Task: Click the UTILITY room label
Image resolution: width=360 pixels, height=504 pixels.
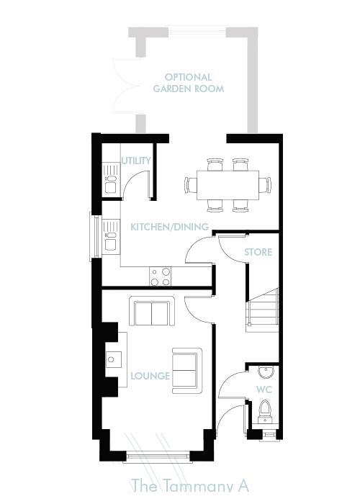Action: [x=136, y=161]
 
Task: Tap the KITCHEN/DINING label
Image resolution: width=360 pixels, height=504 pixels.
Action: [x=169, y=228]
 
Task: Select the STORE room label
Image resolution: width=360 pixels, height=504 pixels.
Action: [x=258, y=252]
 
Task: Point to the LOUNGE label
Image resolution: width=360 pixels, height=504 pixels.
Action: [x=150, y=376]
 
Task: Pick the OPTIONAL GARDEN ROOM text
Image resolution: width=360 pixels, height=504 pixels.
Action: [x=188, y=83]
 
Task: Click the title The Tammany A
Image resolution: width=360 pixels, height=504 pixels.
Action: [x=189, y=486]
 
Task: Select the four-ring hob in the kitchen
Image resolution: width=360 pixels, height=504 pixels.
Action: [x=161, y=274]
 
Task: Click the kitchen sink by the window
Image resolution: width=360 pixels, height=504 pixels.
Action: [x=109, y=239]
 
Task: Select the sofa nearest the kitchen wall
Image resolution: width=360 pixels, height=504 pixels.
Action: [x=151, y=312]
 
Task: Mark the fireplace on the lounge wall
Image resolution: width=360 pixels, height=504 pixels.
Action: [x=112, y=358]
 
